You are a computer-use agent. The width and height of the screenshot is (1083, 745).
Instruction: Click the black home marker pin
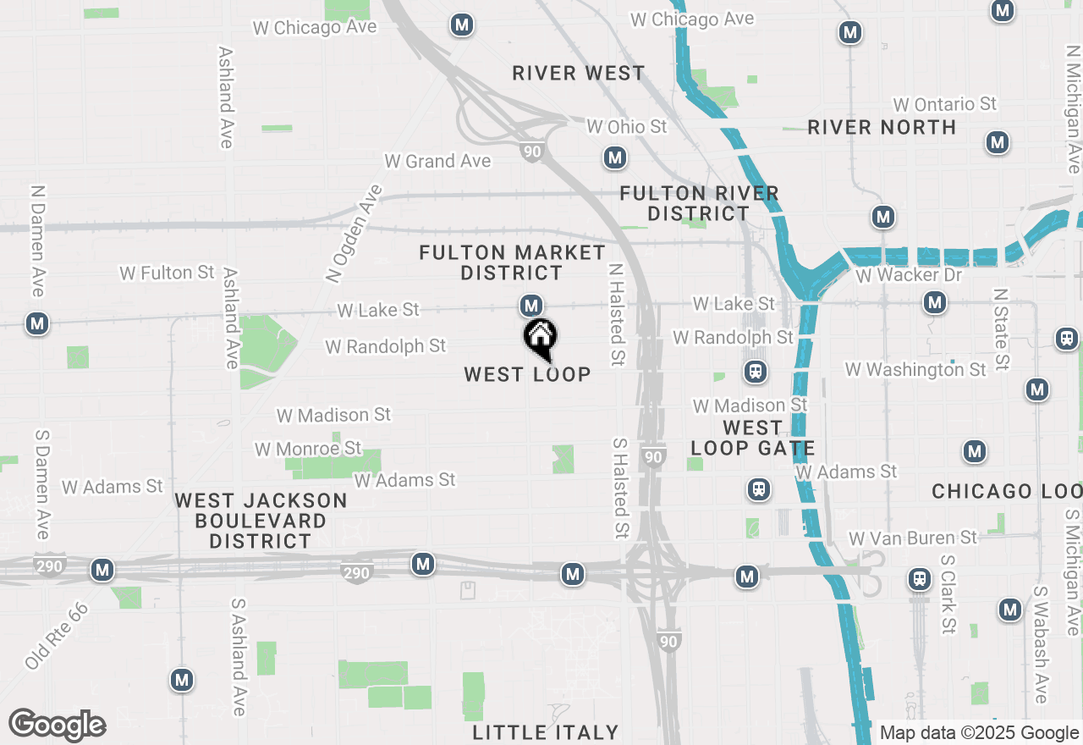(x=540, y=339)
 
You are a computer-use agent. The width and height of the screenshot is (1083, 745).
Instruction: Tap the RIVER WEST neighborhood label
(x=579, y=74)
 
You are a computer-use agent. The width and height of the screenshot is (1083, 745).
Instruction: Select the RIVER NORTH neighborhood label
(x=882, y=127)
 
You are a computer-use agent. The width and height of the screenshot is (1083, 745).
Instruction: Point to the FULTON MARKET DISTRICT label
(x=513, y=262)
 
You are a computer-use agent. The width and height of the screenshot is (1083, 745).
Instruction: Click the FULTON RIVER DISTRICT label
(x=699, y=203)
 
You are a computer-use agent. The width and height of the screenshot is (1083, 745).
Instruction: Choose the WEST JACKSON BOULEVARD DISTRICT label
(x=261, y=521)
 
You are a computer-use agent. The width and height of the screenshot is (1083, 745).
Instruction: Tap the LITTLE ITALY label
(x=546, y=732)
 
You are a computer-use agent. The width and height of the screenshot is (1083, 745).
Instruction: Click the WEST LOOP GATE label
(x=752, y=438)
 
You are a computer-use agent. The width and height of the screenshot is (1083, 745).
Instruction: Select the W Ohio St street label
(x=627, y=127)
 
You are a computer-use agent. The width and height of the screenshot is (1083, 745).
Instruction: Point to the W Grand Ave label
(x=437, y=161)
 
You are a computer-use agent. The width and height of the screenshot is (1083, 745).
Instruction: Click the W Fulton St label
(x=167, y=273)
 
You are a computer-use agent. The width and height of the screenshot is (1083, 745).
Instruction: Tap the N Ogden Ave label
(x=354, y=234)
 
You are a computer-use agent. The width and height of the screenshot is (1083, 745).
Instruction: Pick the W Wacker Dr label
(x=909, y=275)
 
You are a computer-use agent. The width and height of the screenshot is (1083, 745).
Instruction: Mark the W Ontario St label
(x=945, y=105)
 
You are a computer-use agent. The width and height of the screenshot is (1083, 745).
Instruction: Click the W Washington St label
(x=915, y=370)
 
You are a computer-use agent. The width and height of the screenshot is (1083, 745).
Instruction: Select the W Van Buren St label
(x=913, y=538)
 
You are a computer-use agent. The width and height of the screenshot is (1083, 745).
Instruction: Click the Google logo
(x=58, y=726)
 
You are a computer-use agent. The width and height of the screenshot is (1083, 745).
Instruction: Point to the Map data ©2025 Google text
(x=979, y=733)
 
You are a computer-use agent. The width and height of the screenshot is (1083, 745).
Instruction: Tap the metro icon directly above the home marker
(x=531, y=305)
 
